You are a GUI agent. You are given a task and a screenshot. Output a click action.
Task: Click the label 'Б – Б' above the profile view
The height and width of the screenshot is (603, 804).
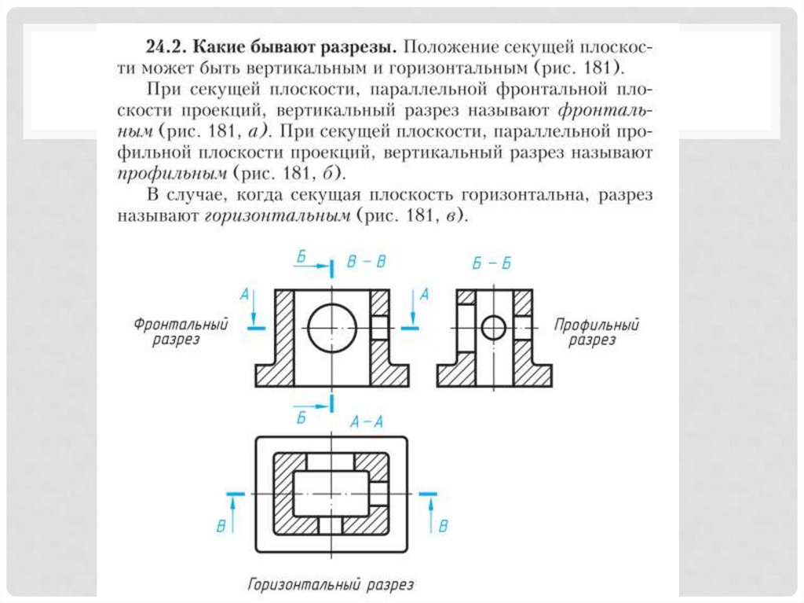tap(492, 264)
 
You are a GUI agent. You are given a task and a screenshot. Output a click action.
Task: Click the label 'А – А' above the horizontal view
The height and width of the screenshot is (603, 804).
tap(366, 422)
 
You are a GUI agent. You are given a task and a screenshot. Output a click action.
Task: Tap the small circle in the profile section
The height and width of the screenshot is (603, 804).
tap(493, 327)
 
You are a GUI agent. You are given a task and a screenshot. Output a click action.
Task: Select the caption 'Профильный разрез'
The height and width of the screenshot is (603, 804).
tap(596, 333)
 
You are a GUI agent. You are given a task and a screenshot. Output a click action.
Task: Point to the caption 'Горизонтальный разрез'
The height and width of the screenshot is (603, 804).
tap(331, 585)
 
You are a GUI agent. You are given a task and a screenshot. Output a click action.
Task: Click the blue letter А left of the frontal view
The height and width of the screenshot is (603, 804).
tap(244, 294)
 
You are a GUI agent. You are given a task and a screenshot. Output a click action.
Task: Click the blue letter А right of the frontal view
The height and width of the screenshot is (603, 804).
tap(424, 294)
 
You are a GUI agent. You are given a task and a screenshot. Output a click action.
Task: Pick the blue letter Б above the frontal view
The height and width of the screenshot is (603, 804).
tap(302, 257)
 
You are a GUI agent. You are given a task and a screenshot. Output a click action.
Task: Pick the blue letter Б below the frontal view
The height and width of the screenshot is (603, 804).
tap(301, 417)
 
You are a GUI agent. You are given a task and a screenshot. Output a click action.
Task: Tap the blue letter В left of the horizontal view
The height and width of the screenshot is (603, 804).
tap(222, 525)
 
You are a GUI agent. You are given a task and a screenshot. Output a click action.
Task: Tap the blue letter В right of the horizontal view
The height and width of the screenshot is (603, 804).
tap(443, 525)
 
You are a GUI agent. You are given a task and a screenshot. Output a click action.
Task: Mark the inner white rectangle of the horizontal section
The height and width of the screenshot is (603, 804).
tap(331, 493)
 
